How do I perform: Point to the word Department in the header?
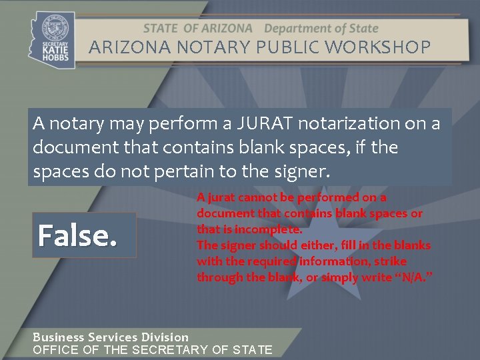pos(298,29)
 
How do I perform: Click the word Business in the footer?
pos(59,337)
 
